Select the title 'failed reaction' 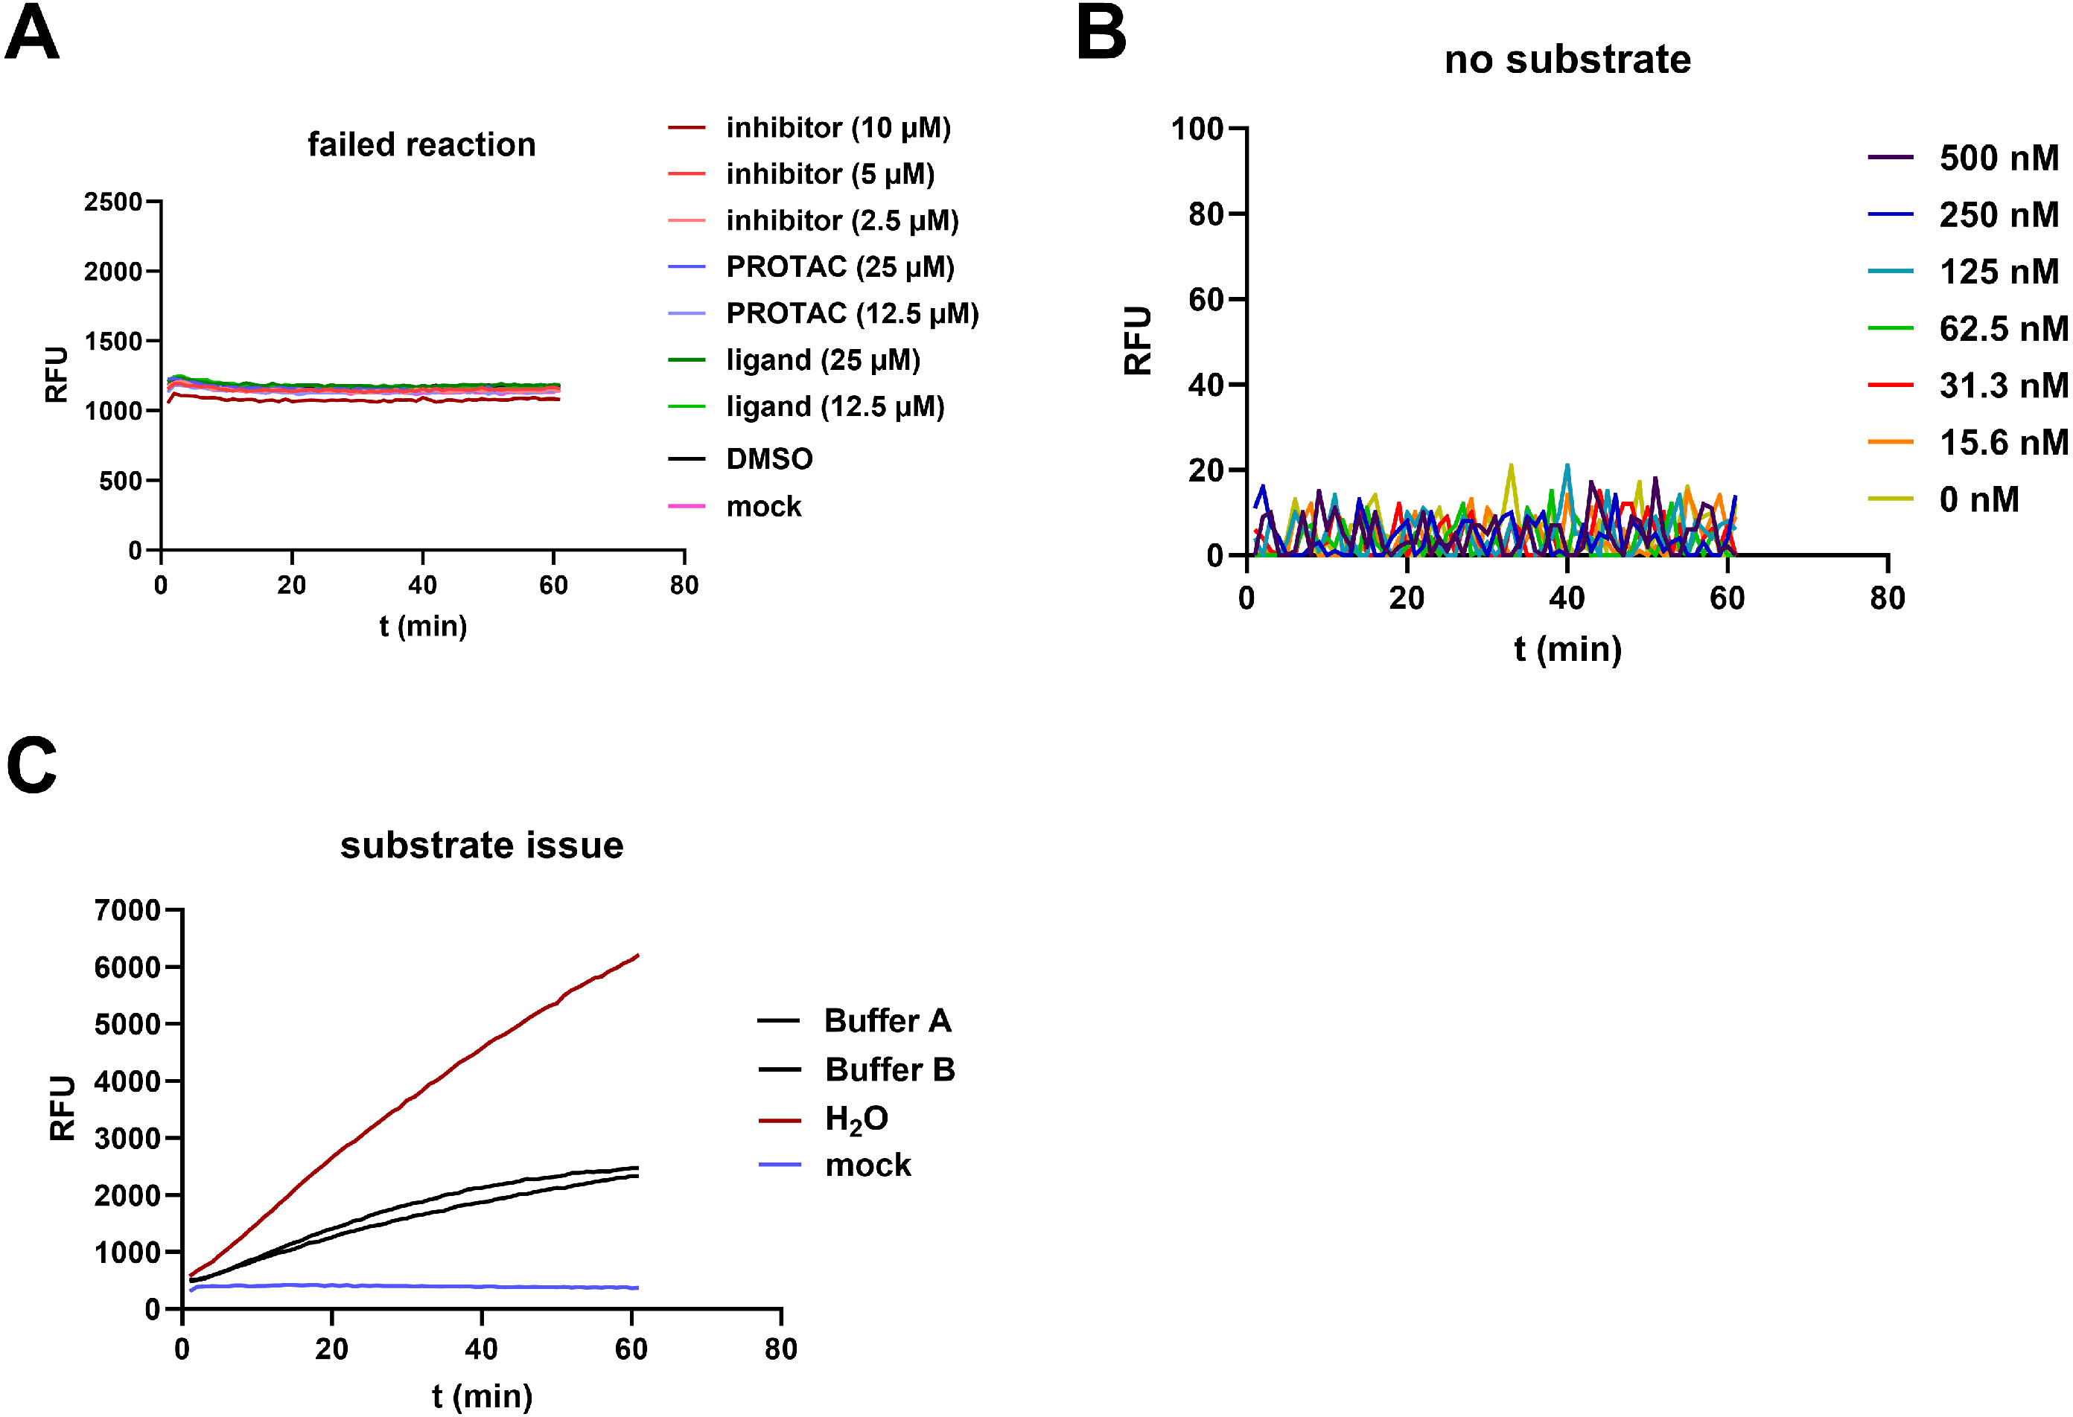(x=422, y=144)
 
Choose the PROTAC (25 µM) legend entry (x=812, y=266)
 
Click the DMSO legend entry (x=741, y=459)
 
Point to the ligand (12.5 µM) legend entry (x=806, y=406)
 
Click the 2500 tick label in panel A (x=113, y=202)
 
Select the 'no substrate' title (x=1567, y=60)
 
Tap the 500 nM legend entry (x=1964, y=158)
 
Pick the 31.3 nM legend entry (x=1968, y=386)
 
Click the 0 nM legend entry (x=1943, y=499)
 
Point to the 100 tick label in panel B (x=1197, y=129)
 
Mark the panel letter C (x=32, y=764)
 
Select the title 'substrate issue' (x=482, y=845)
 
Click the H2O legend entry (x=824, y=1119)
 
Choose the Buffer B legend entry (x=856, y=1069)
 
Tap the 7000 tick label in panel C (x=127, y=910)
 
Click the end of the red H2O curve (x=639, y=955)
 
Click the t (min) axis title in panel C (x=482, y=1395)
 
